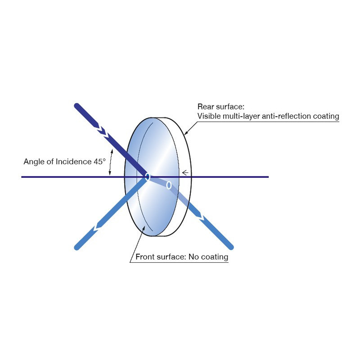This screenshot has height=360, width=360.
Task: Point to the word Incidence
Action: pyautogui.click(x=74, y=162)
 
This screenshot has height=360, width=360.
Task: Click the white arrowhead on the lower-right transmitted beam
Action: pyautogui.click(x=202, y=217)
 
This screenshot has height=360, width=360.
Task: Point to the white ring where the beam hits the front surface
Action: pyautogui.click(x=148, y=177)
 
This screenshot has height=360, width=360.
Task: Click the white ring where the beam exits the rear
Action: pyautogui.click(x=169, y=185)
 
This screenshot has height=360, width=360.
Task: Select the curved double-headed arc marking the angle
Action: pyautogui.click(x=110, y=162)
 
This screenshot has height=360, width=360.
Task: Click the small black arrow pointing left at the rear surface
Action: pyautogui.click(x=185, y=172)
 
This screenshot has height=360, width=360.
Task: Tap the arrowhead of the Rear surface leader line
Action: pyautogui.click(x=186, y=132)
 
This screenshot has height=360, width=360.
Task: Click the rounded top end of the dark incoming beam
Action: pyautogui.click(x=76, y=106)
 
